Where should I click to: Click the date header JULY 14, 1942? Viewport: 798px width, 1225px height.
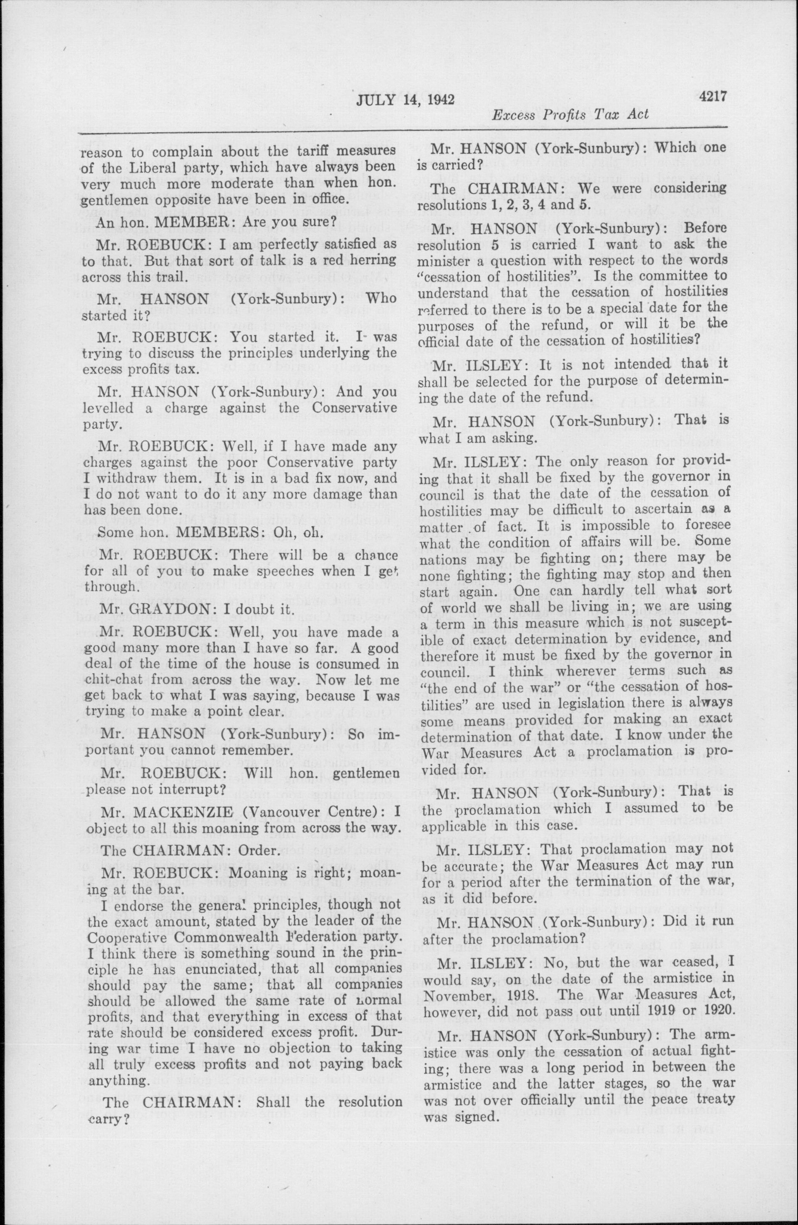405,99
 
